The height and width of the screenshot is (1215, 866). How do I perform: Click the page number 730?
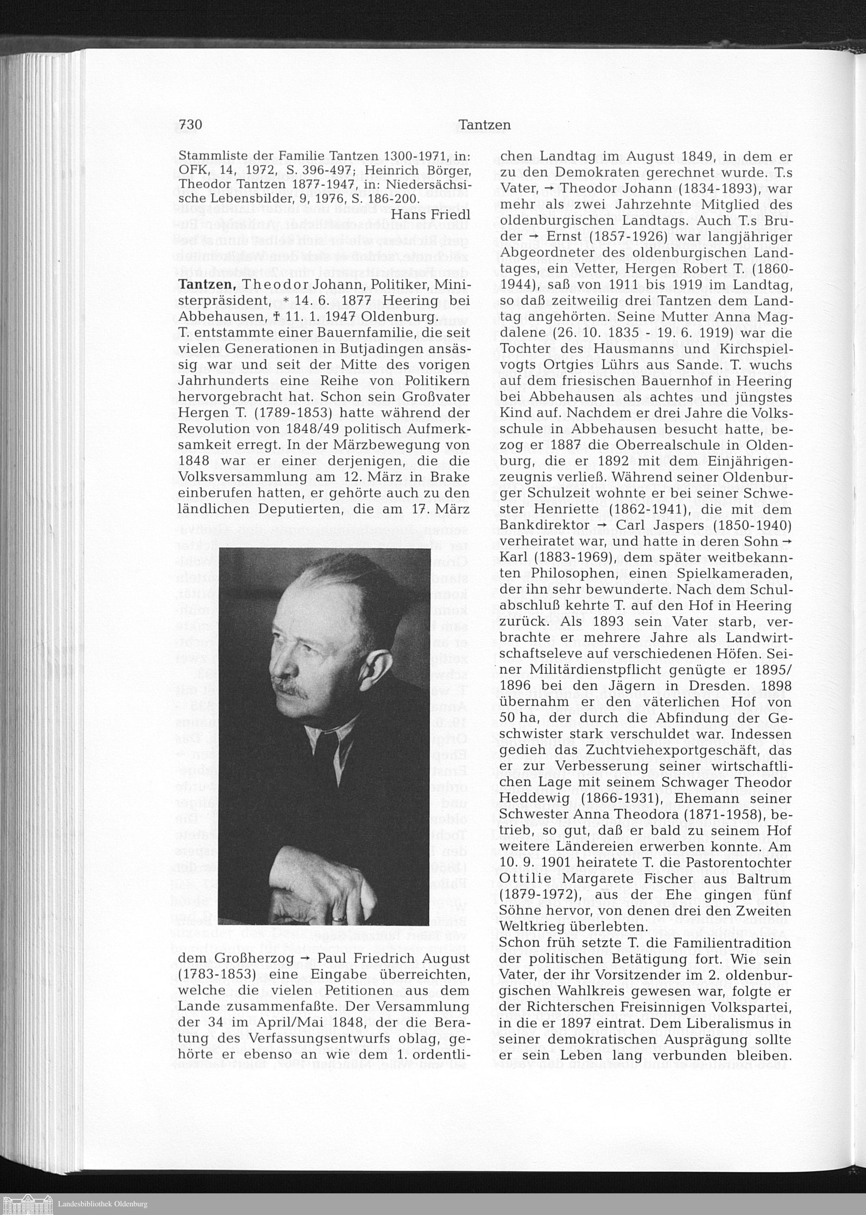pos(191,125)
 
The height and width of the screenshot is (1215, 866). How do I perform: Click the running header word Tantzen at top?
pos(484,125)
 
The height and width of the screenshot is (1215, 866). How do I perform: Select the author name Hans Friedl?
pos(430,214)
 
